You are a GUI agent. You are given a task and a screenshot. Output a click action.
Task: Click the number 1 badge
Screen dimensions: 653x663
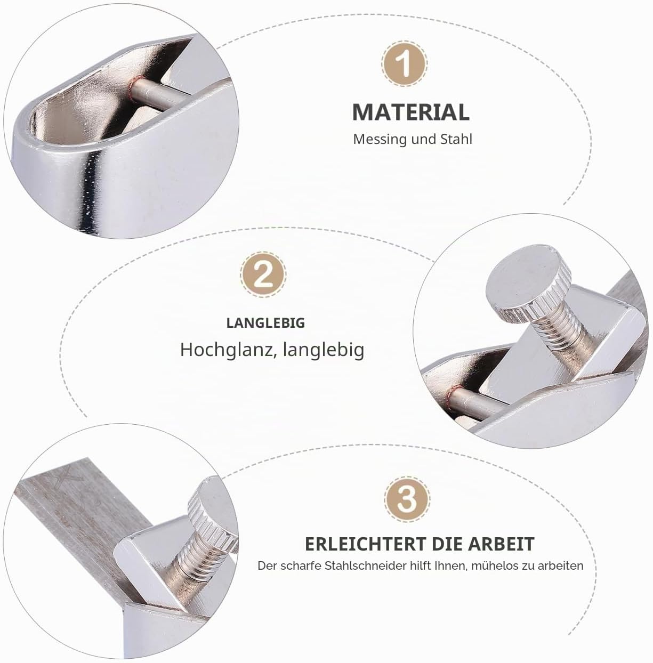coord(405,63)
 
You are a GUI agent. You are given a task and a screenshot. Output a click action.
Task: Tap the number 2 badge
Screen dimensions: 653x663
coord(263,275)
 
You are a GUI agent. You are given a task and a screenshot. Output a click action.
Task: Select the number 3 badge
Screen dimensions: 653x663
coord(407,499)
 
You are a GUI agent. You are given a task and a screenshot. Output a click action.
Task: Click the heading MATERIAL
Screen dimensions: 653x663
coord(411,112)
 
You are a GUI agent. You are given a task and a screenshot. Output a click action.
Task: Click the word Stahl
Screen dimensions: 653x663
coord(456,139)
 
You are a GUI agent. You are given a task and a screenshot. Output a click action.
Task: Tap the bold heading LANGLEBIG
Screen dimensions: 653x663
coord(265,323)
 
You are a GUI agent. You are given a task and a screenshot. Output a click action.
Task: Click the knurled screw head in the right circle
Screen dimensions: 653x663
coord(528,282)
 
